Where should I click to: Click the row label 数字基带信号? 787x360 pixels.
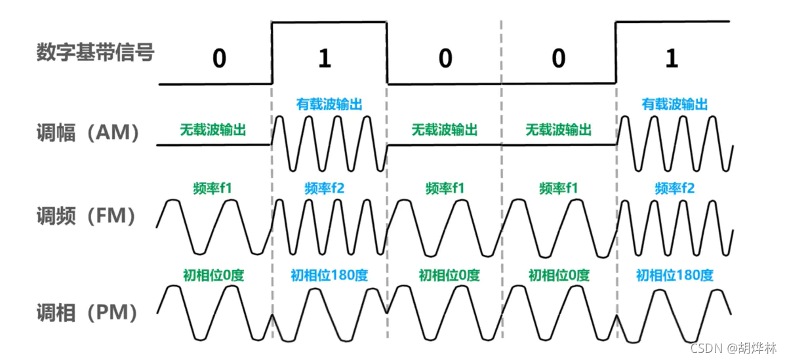96,52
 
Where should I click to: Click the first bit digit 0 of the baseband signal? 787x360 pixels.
219,59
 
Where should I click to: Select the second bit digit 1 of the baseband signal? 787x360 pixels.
324,59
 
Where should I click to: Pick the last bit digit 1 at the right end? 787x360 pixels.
671,59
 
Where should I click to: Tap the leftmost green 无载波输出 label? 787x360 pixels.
213,129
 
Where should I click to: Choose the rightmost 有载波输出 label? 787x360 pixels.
675,104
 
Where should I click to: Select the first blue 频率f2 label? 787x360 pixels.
325,189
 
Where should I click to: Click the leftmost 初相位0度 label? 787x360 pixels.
213,275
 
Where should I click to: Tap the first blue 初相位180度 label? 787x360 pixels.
329,275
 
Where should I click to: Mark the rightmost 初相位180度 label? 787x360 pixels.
675,275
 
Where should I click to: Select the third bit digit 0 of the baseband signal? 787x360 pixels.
445,59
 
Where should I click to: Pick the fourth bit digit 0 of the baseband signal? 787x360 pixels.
558,59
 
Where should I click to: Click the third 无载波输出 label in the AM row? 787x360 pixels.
558,129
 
